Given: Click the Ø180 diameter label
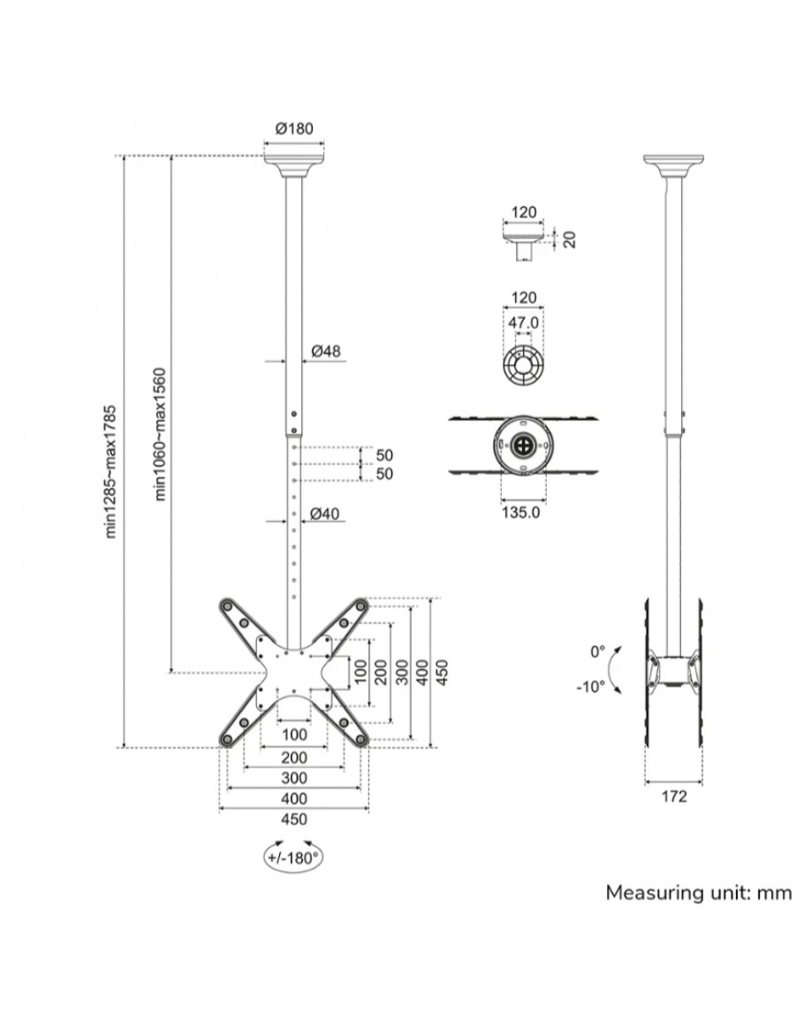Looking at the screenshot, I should click(x=294, y=129).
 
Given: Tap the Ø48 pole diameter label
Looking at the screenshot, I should click(x=326, y=351).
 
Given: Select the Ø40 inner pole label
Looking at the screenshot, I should click(x=326, y=514).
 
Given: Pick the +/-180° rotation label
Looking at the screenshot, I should click(x=291, y=857).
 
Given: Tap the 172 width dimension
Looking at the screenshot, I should click(x=673, y=796).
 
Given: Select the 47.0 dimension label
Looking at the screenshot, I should click(x=523, y=324).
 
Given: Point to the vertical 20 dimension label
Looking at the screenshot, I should click(x=569, y=239).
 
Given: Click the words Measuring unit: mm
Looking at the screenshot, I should click(x=698, y=893).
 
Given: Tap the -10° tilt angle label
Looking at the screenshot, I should click(x=591, y=686).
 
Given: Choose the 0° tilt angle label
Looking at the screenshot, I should click(x=597, y=651).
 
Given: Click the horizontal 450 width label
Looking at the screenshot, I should click(x=293, y=819).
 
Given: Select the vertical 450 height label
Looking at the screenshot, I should click(x=444, y=672).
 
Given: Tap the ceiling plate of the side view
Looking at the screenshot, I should click(x=673, y=164).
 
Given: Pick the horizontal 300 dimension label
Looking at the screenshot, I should click(x=293, y=778).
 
